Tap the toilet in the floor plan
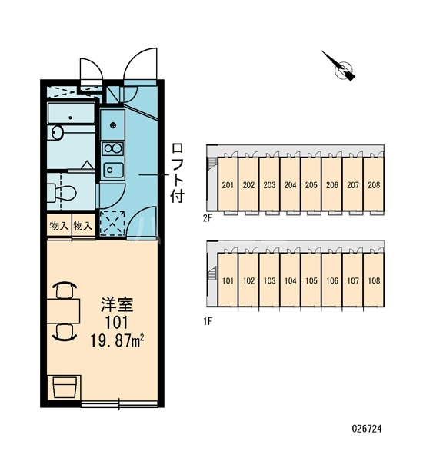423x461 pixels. [x=62, y=193]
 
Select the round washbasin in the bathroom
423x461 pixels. [x=57, y=132]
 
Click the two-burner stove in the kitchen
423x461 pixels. [x=112, y=148]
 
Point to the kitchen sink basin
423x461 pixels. [x=113, y=170]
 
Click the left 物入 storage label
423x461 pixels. [x=59, y=226]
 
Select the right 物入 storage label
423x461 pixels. [x=83, y=226]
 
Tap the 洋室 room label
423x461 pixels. [x=117, y=305]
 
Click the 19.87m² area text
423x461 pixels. [x=117, y=340]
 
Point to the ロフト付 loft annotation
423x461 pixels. [x=178, y=173]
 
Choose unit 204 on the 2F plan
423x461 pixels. [x=290, y=185]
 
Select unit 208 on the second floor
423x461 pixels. [x=374, y=185]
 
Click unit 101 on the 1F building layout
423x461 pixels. [x=228, y=280]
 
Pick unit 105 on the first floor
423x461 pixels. [x=311, y=280]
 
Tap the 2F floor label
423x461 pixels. [x=207, y=219]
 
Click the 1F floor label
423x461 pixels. [x=207, y=322]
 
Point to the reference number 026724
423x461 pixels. [x=367, y=429]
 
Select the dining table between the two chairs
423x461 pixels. [x=63, y=311]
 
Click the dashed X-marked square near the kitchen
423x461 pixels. [x=112, y=224]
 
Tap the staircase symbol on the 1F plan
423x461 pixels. [x=211, y=273]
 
